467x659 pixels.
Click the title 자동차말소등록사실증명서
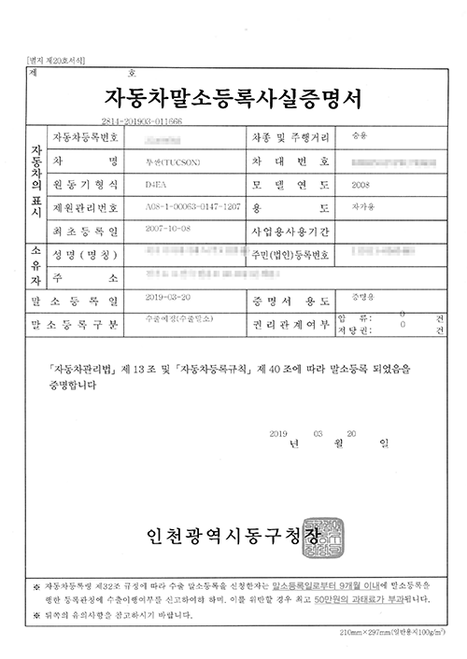[233, 97]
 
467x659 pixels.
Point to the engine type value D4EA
[152, 184]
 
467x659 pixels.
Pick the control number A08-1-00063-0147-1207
[186, 206]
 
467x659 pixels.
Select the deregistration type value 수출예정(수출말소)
[176, 318]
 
